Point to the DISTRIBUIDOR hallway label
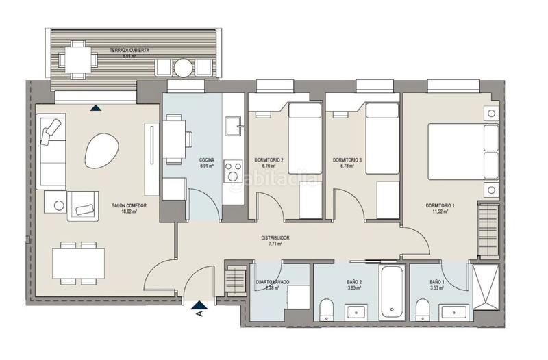[275, 238]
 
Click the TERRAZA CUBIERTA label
[129, 51]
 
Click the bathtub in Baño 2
[390, 292]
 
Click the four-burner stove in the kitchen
[234, 168]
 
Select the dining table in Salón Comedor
[78, 261]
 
